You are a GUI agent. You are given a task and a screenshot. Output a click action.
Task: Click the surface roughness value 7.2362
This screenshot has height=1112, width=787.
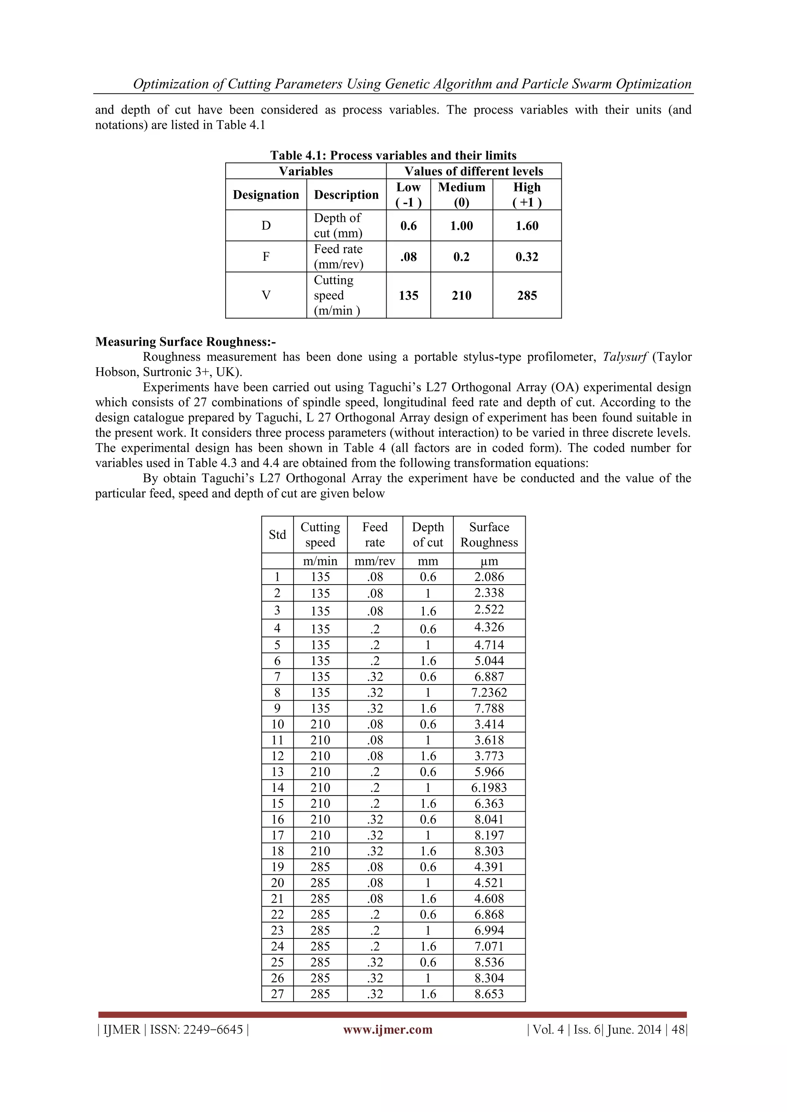point(488,692)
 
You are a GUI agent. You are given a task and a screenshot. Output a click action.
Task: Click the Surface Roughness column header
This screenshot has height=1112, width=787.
point(488,534)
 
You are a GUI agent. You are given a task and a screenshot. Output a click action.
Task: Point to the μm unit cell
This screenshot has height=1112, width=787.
point(488,561)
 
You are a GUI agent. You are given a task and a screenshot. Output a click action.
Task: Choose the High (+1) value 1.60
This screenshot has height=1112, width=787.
point(526,226)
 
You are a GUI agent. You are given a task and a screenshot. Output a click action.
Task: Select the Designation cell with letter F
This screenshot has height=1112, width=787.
point(266,257)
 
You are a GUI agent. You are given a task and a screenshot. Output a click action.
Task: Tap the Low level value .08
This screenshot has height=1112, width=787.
point(408,257)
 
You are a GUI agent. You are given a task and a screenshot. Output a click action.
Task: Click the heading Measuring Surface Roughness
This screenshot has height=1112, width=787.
point(185,342)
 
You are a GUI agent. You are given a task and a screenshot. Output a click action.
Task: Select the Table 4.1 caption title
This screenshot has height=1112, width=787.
point(393,156)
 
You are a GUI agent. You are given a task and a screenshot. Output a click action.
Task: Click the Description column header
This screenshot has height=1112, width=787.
point(346,195)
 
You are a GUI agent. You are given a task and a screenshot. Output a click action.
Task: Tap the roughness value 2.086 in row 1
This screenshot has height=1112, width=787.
point(488,577)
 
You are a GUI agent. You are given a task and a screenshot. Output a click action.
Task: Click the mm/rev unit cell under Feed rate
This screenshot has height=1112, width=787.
point(375,561)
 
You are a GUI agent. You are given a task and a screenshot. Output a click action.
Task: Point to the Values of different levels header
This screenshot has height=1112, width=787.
point(473,171)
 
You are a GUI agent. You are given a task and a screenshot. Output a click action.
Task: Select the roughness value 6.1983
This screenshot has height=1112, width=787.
point(488,787)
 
